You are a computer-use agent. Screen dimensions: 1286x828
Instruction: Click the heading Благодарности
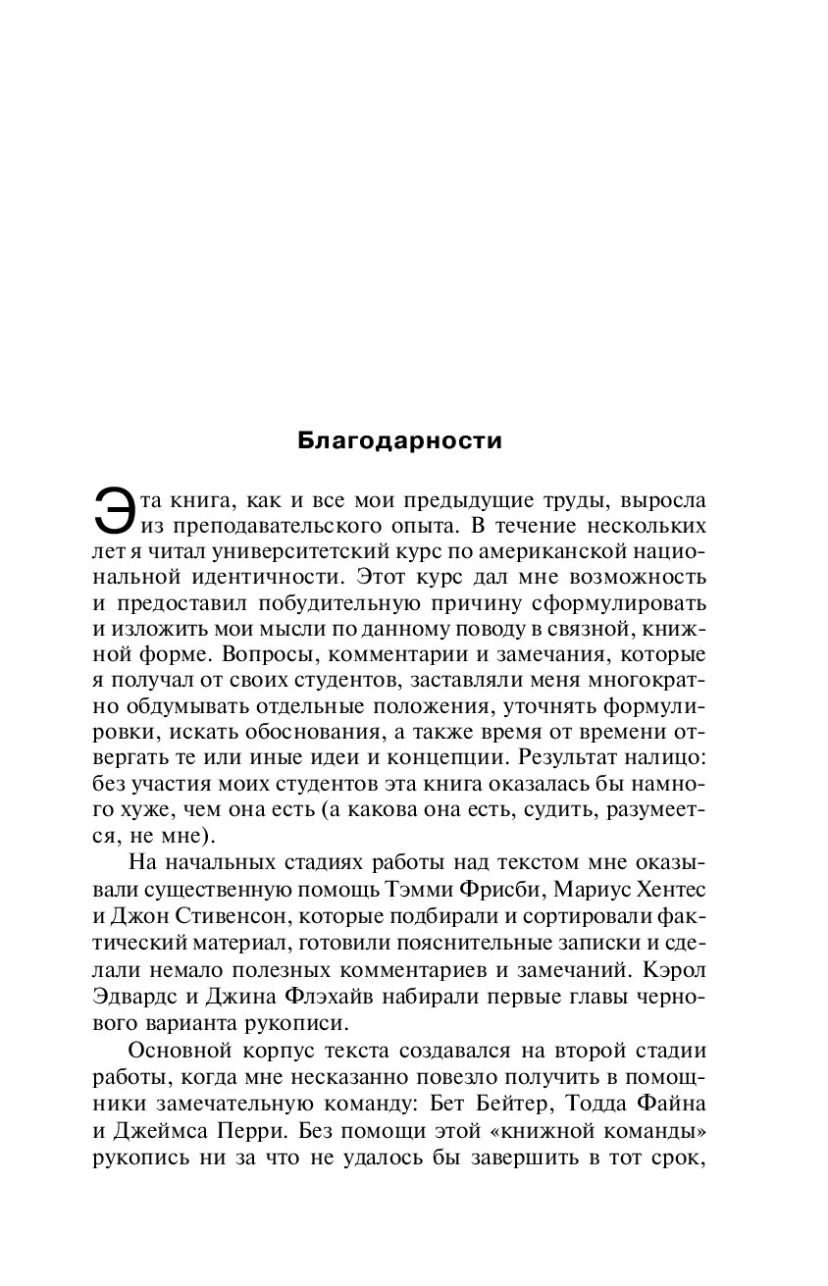point(399,440)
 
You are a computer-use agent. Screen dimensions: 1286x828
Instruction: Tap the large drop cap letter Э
point(112,515)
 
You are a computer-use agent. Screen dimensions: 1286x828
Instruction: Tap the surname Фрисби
point(475,889)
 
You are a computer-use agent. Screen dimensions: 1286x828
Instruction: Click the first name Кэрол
point(677,966)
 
